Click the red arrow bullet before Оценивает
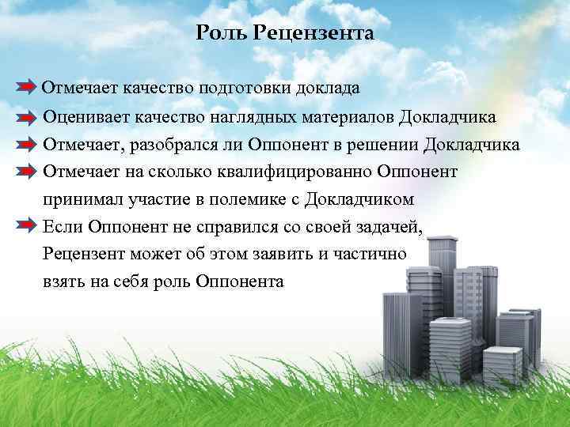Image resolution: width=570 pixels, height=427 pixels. point(25,117)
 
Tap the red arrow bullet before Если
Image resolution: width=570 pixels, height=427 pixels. point(25,228)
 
